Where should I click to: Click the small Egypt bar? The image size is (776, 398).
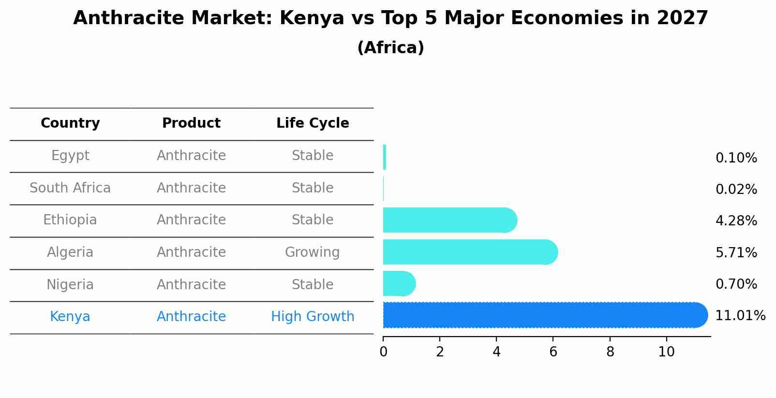(385, 157)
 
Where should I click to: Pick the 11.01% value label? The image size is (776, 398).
(740, 316)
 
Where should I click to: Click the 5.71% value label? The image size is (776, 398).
(736, 252)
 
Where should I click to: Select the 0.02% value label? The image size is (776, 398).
(736, 190)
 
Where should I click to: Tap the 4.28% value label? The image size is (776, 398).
(736, 221)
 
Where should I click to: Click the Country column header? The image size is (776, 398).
(70, 123)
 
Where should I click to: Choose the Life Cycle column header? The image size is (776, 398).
(313, 123)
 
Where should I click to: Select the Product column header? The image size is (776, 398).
(191, 123)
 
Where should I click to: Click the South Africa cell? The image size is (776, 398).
(70, 188)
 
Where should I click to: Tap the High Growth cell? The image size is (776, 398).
(313, 317)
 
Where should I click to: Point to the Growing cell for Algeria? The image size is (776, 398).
(313, 252)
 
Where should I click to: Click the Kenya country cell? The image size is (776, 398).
(70, 317)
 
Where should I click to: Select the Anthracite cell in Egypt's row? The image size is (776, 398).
(191, 156)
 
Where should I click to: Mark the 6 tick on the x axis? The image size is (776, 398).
(553, 352)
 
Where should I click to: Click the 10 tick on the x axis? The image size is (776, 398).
(666, 352)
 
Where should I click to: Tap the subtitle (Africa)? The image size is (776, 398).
(390, 48)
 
